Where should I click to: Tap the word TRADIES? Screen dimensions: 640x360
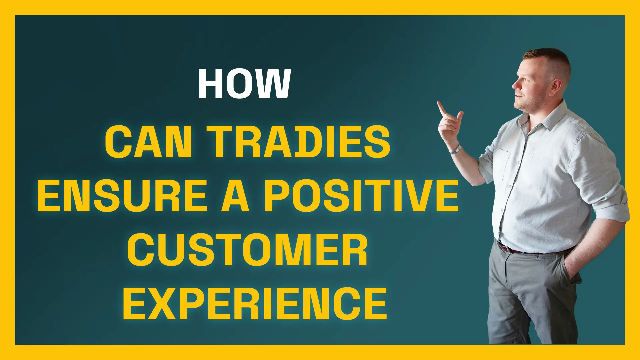299,142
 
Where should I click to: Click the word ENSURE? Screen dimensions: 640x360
122,196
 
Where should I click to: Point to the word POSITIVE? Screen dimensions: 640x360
362,196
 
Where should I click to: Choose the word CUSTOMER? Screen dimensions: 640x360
247,250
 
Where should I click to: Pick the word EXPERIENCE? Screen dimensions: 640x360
255,304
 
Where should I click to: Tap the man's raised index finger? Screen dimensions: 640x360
442,108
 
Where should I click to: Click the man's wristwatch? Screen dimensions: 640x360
455,149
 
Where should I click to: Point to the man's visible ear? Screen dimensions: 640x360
556,86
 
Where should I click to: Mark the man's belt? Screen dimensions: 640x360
533,249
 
